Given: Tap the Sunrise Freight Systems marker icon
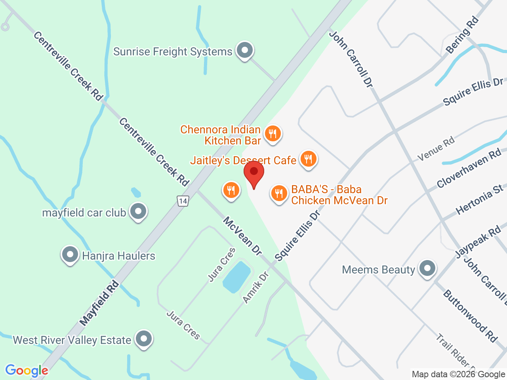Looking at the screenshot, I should click(245, 51).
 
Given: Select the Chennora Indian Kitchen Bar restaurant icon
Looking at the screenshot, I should click(272, 133).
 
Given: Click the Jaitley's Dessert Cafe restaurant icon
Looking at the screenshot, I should click(308, 159).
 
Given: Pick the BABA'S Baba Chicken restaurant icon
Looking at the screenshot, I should click(279, 193).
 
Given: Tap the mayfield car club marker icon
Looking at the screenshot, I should click(138, 211).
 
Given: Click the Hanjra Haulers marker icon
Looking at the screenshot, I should click(70, 255).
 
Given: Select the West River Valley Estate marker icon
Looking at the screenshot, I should click(143, 339).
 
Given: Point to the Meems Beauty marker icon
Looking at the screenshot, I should click(427, 269).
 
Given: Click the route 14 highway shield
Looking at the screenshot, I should click(183, 201).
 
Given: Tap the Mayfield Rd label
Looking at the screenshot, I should click(99, 303).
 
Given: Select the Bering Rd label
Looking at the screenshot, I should click(462, 35).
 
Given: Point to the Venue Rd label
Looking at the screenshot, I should click(436, 149).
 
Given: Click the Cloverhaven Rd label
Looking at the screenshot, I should click(469, 169).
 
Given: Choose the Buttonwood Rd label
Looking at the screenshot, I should click(470, 315).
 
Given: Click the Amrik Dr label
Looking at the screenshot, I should click(256, 287).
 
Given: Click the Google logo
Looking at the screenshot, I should click(27, 370).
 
